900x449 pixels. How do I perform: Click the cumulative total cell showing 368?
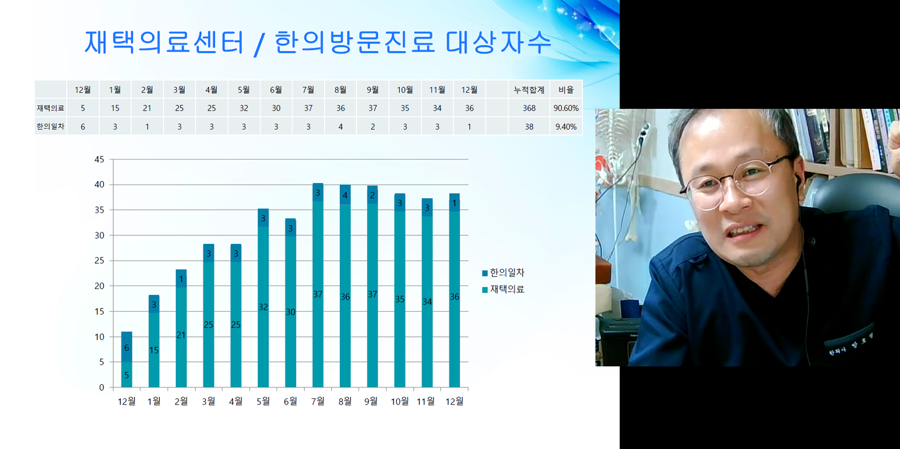click(x=529, y=108)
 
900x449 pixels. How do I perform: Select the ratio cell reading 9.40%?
click(x=566, y=126)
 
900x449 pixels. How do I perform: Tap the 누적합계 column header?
click(x=529, y=89)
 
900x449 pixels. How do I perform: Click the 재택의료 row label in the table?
click(x=50, y=108)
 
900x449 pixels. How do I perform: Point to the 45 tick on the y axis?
click(x=100, y=160)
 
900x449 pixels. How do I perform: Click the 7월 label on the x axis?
click(x=318, y=401)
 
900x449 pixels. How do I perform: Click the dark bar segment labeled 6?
click(x=127, y=347)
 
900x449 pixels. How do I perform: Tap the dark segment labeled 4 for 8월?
click(x=345, y=195)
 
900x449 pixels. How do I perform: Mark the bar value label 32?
click(x=263, y=307)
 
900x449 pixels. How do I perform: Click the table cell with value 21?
click(x=147, y=108)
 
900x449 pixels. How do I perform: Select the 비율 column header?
click(x=566, y=89)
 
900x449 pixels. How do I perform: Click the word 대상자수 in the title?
click(x=498, y=42)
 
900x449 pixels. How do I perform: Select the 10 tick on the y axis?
click(x=100, y=337)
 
